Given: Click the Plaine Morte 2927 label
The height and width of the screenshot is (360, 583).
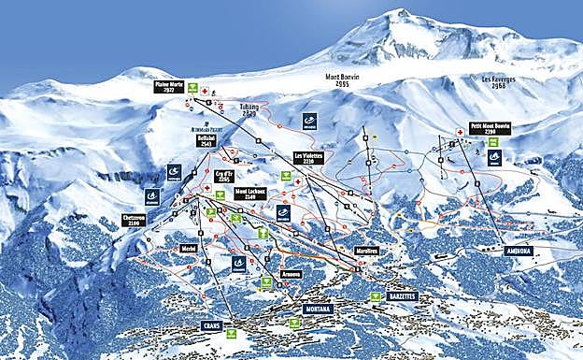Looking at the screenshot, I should click(168, 87).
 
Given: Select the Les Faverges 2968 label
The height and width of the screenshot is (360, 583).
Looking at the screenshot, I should click(498, 81).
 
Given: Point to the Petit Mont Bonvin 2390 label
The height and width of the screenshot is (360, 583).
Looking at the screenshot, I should click(490, 128).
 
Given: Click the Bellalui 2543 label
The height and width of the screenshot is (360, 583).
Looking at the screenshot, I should click(206, 140).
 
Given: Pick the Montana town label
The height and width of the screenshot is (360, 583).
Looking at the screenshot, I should click(318, 308).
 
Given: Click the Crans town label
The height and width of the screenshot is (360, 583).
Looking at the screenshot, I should click(211, 325).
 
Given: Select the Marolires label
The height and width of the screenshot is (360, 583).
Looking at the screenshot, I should click(366, 251).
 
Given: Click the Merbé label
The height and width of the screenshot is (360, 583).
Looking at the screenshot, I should click(188, 248).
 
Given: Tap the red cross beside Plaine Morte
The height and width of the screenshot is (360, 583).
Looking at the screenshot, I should click(204, 89).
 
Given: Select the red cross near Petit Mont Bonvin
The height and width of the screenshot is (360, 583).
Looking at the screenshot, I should click(460, 133).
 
